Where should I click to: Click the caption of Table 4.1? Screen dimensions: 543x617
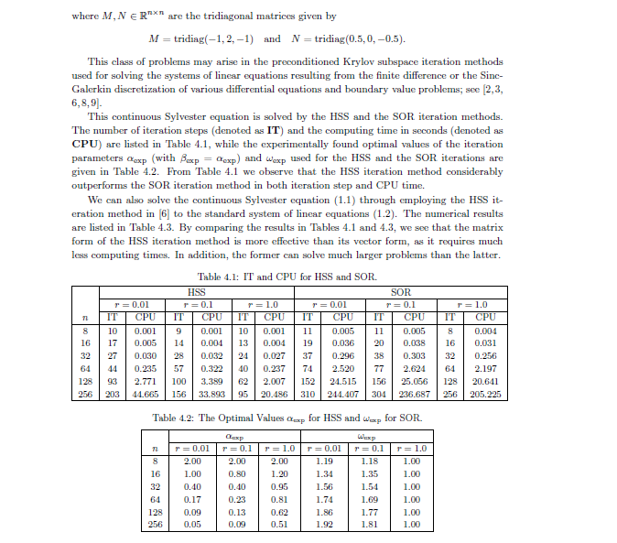coord(287,277)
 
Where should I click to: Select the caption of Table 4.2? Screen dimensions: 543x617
coord(287,418)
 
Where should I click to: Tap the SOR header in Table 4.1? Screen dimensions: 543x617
coord(399,292)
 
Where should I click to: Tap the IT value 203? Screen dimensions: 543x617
coord(112,394)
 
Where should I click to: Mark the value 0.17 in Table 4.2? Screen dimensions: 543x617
coord(192,499)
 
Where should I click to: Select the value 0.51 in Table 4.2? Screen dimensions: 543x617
coord(279,525)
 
